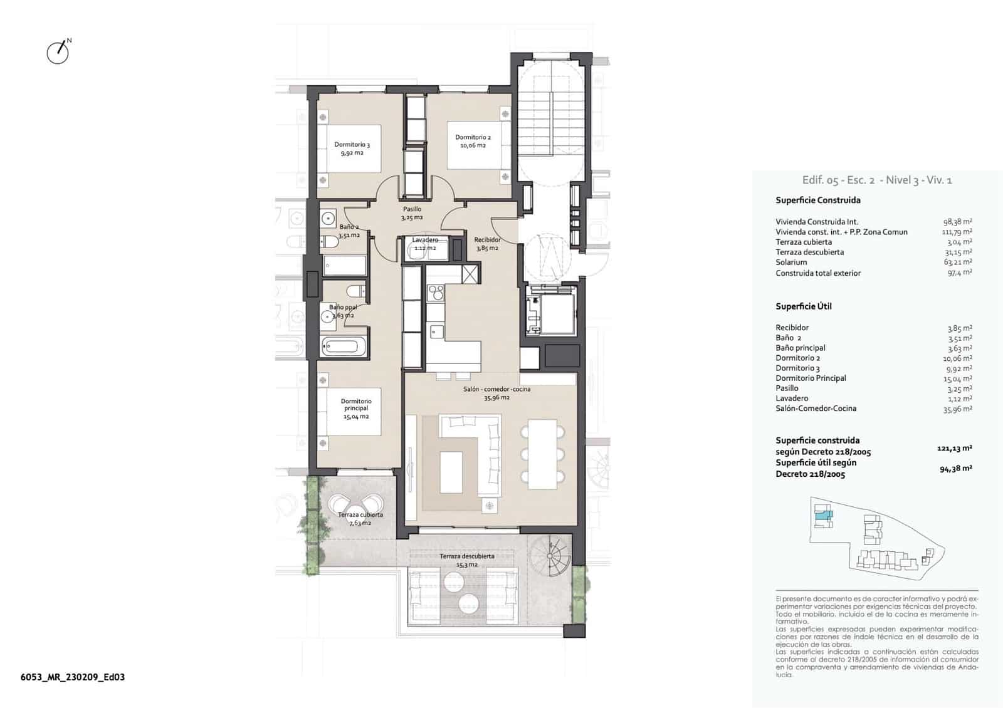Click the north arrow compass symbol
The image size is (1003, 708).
pos(58,52)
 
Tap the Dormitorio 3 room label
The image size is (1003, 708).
pos(352,148)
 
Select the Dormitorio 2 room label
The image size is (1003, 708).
pos(473,141)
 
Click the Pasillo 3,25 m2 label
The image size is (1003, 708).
pos(412,213)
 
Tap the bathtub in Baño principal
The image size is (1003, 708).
pos(342,345)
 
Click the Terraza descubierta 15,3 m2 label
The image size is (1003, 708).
pos(466,560)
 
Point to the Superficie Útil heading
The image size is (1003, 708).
pos(803,306)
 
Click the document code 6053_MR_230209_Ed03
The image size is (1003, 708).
pos(73,677)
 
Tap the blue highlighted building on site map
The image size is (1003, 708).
pos(823,516)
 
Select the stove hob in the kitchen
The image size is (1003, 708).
pos(435,292)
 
